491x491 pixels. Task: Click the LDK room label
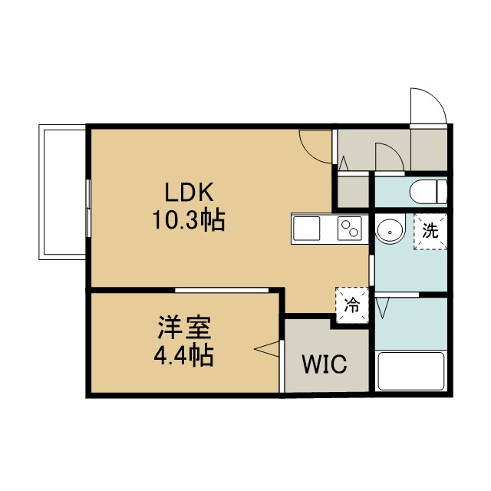point(189,192)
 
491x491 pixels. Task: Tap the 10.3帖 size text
point(189,220)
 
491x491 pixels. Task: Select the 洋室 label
point(184,328)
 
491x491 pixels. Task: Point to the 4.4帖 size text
point(184,355)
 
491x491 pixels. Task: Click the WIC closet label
point(325,364)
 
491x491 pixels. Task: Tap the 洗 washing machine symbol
point(430,232)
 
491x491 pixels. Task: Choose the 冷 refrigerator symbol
point(352,305)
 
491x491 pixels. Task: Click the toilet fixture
point(428,192)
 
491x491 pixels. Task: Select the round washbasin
point(390,232)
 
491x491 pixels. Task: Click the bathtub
point(411,371)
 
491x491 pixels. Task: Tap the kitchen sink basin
point(307,229)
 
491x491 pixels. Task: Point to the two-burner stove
point(350,229)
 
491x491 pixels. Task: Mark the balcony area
point(62,192)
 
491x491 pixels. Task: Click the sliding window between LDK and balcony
point(89,208)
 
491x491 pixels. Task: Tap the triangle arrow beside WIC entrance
point(267,349)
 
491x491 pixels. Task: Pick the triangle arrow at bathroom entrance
point(382,308)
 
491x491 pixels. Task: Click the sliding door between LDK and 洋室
point(222,290)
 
